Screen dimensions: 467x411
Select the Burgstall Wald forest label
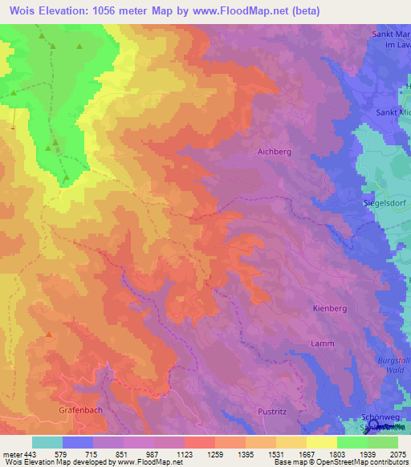pyautogui.click(x=393, y=367)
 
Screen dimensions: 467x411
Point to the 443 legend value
pyautogui.click(x=31, y=454)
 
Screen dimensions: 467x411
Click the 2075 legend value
pyautogui.click(x=397, y=454)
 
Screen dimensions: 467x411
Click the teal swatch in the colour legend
pyautogui.click(x=47, y=442)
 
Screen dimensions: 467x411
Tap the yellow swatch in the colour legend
pyautogui.click(x=321, y=442)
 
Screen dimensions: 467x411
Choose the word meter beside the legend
pyautogui.click(x=11, y=454)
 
